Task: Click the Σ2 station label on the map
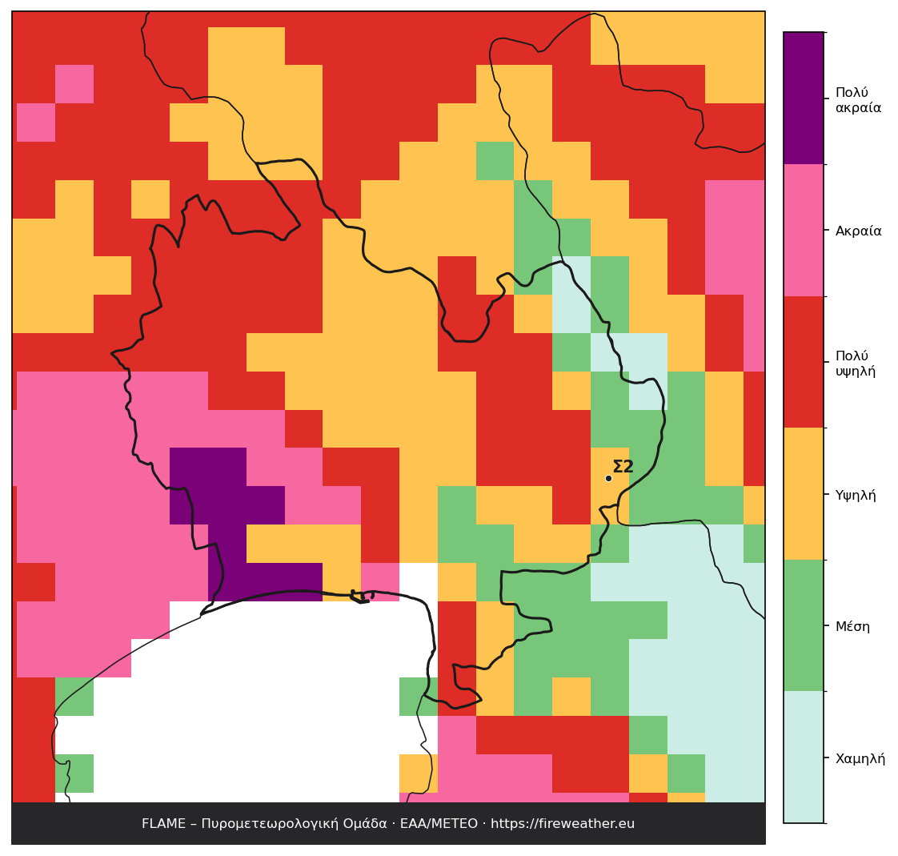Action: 623,467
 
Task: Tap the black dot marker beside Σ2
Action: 608,478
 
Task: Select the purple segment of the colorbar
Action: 804,98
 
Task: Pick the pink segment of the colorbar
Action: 804,231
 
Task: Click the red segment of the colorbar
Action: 804,362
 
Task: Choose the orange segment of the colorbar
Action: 804,494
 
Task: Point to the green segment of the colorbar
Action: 804,625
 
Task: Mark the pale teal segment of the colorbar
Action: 804,757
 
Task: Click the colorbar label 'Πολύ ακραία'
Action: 858,100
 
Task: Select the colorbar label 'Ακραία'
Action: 858,231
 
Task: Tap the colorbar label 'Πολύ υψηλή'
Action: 855,364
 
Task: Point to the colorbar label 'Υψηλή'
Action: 855,495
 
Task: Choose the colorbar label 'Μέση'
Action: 852,626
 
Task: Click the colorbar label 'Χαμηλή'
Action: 860,758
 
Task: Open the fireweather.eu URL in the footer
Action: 563,824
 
